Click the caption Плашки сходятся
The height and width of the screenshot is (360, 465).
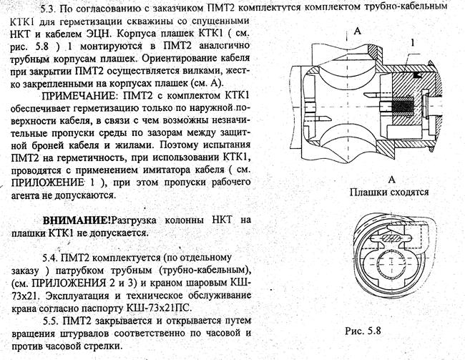(389, 192)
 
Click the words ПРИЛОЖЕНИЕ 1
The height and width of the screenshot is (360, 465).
(48, 182)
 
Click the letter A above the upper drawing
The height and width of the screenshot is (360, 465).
(356, 31)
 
